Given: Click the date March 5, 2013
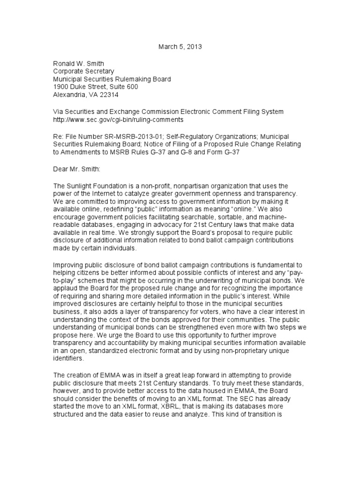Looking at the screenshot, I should click(x=180, y=47).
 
